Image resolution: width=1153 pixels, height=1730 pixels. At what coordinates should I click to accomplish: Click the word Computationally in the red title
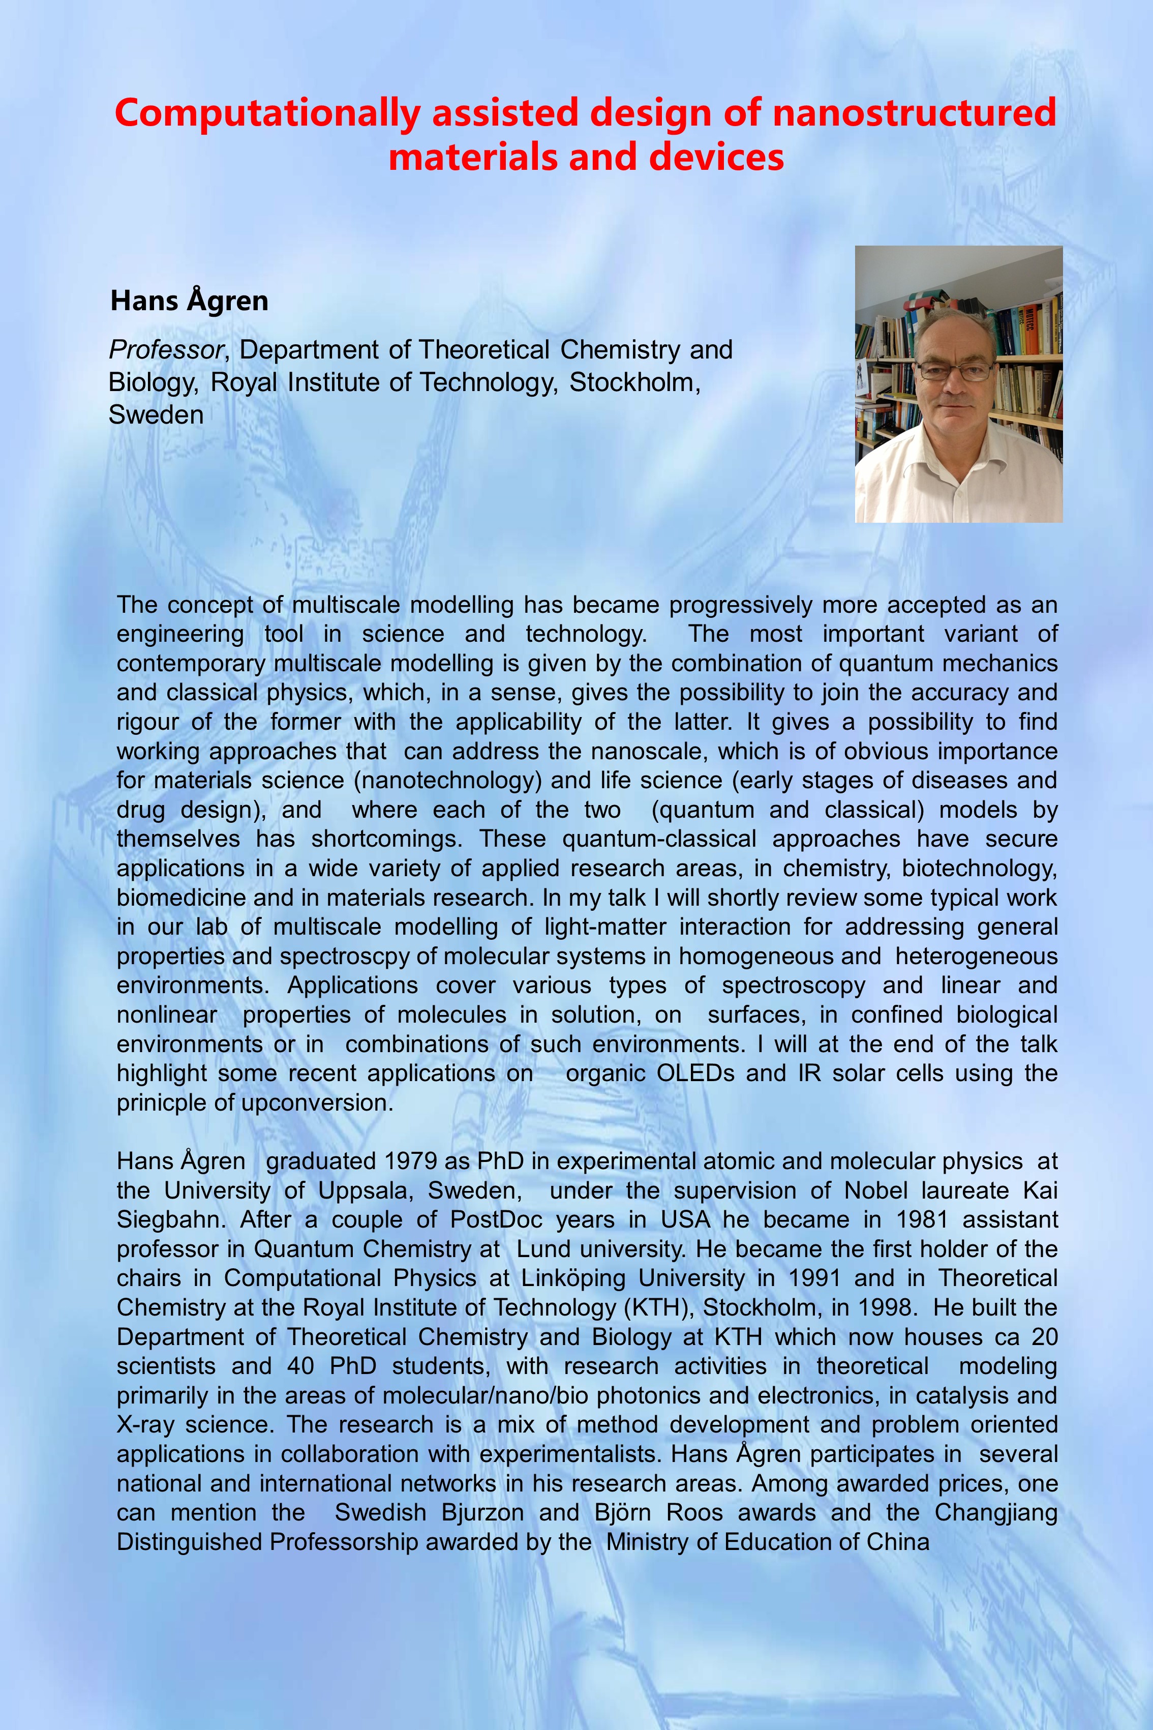click(267, 113)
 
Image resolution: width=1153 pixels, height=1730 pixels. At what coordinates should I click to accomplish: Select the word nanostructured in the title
click(914, 113)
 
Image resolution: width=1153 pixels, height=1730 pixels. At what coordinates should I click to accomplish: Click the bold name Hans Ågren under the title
click(189, 301)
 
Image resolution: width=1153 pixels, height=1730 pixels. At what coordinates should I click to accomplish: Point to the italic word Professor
click(166, 350)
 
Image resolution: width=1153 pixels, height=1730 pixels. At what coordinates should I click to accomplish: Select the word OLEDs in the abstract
click(695, 1073)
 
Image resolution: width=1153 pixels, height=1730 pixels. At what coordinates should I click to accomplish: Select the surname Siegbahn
click(172, 1219)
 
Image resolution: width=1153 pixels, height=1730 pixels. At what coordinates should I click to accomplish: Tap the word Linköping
click(573, 1278)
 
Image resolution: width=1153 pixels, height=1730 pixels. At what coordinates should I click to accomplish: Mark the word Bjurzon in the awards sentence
click(482, 1513)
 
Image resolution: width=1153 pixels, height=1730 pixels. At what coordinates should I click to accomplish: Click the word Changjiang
click(995, 1513)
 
